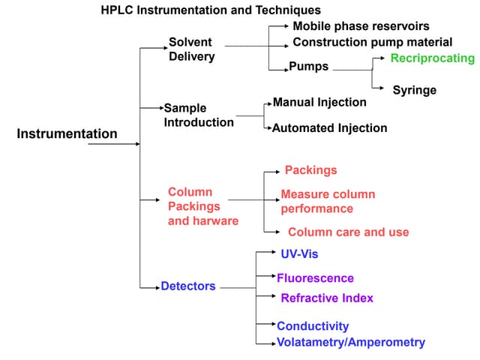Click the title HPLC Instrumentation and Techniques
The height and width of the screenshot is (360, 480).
pyautogui.click(x=211, y=10)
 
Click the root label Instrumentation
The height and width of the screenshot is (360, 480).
pyautogui.click(x=67, y=134)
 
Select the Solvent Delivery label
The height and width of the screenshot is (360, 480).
pyautogui.click(x=191, y=49)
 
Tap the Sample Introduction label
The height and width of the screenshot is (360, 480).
pyautogui.click(x=199, y=115)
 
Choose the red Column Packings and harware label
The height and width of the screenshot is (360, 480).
pyautogui.click(x=202, y=206)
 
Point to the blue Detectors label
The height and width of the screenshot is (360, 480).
pyautogui.click(x=187, y=286)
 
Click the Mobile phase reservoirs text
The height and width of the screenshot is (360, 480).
pyautogui.click(x=361, y=26)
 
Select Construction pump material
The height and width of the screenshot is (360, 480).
pyautogui.click(x=372, y=42)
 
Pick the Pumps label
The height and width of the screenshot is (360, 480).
pyautogui.click(x=309, y=67)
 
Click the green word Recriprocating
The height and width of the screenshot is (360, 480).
pyautogui.click(x=433, y=58)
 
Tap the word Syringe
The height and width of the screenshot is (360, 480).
pyautogui.click(x=414, y=90)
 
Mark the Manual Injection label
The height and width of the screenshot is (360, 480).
pyautogui.click(x=319, y=102)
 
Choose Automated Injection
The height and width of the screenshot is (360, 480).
pyautogui.click(x=329, y=128)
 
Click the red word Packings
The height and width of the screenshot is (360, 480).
pyautogui.click(x=310, y=170)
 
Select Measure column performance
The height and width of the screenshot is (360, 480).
pyautogui.click(x=328, y=202)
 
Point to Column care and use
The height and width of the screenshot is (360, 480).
pyautogui.click(x=348, y=232)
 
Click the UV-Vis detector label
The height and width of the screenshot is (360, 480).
pyautogui.click(x=299, y=254)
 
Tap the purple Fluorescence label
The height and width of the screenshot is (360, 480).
pyautogui.click(x=315, y=278)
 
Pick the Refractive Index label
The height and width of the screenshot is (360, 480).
pyautogui.click(x=326, y=298)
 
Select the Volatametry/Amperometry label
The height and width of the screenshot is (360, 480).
pyautogui.click(x=350, y=343)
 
